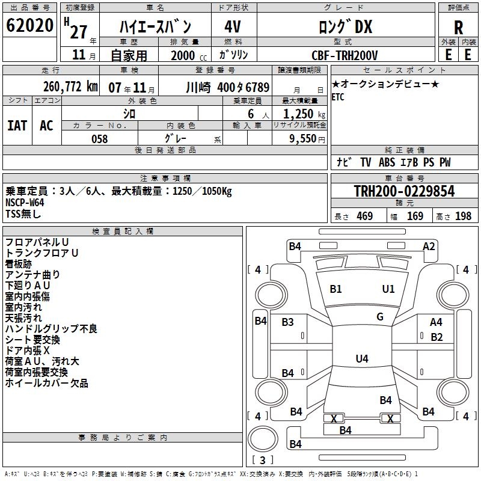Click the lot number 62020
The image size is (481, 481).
coord(29,26)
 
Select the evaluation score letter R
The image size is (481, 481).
coord(458,28)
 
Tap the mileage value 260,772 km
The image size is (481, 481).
coord(70,87)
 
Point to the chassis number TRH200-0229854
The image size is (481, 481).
coord(404,191)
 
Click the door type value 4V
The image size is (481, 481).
coord(233,27)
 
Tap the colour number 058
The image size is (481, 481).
coord(99,139)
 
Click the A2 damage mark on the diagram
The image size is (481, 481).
coord(429,246)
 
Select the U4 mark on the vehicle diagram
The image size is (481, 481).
coord(361,359)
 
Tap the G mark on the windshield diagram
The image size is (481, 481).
coord(380,317)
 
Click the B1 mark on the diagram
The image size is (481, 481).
coord(335,289)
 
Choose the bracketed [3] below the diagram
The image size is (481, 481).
coord(262,460)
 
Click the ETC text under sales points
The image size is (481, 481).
coord(338,97)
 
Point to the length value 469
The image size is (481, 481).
coord(364,216)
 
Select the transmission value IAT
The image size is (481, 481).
coord(17,126)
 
